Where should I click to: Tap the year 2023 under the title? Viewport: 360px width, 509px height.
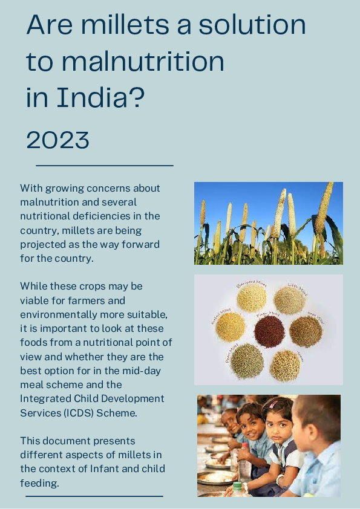pyautogui.click(x=58, y=140)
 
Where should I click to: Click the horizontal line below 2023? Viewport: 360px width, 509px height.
pyautogui.click(x=105, y=165)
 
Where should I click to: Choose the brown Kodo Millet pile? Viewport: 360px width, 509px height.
pyautogui.click(x=305, y=331)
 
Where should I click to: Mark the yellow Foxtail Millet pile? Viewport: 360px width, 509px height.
pyautogui.click(x=231, y=326)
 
